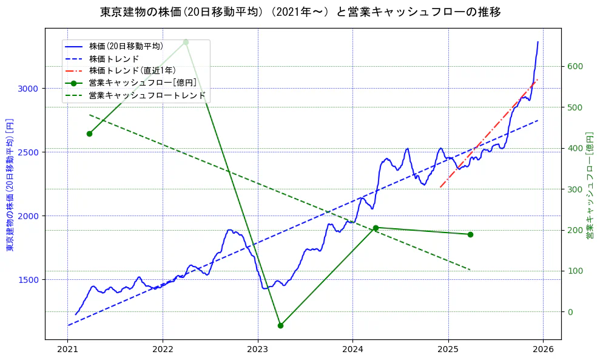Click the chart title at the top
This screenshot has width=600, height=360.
pos(300,12)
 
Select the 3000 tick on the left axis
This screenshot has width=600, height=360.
pos(29,89)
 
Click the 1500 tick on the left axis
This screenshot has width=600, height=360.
pos(29,280)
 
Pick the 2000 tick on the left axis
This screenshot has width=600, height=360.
pos(29,216)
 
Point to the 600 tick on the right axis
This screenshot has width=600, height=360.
pos(574,67)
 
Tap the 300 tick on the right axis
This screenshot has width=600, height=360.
pos(574,189)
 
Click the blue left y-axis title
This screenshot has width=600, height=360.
pos(10,183)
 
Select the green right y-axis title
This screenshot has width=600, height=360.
pos(589,183)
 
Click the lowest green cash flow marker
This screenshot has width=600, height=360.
pos(280,325)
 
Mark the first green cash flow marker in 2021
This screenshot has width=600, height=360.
pos(89,134)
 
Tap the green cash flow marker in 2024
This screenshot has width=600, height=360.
pos(376,228)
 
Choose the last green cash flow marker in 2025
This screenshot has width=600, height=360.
pos(470,234)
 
